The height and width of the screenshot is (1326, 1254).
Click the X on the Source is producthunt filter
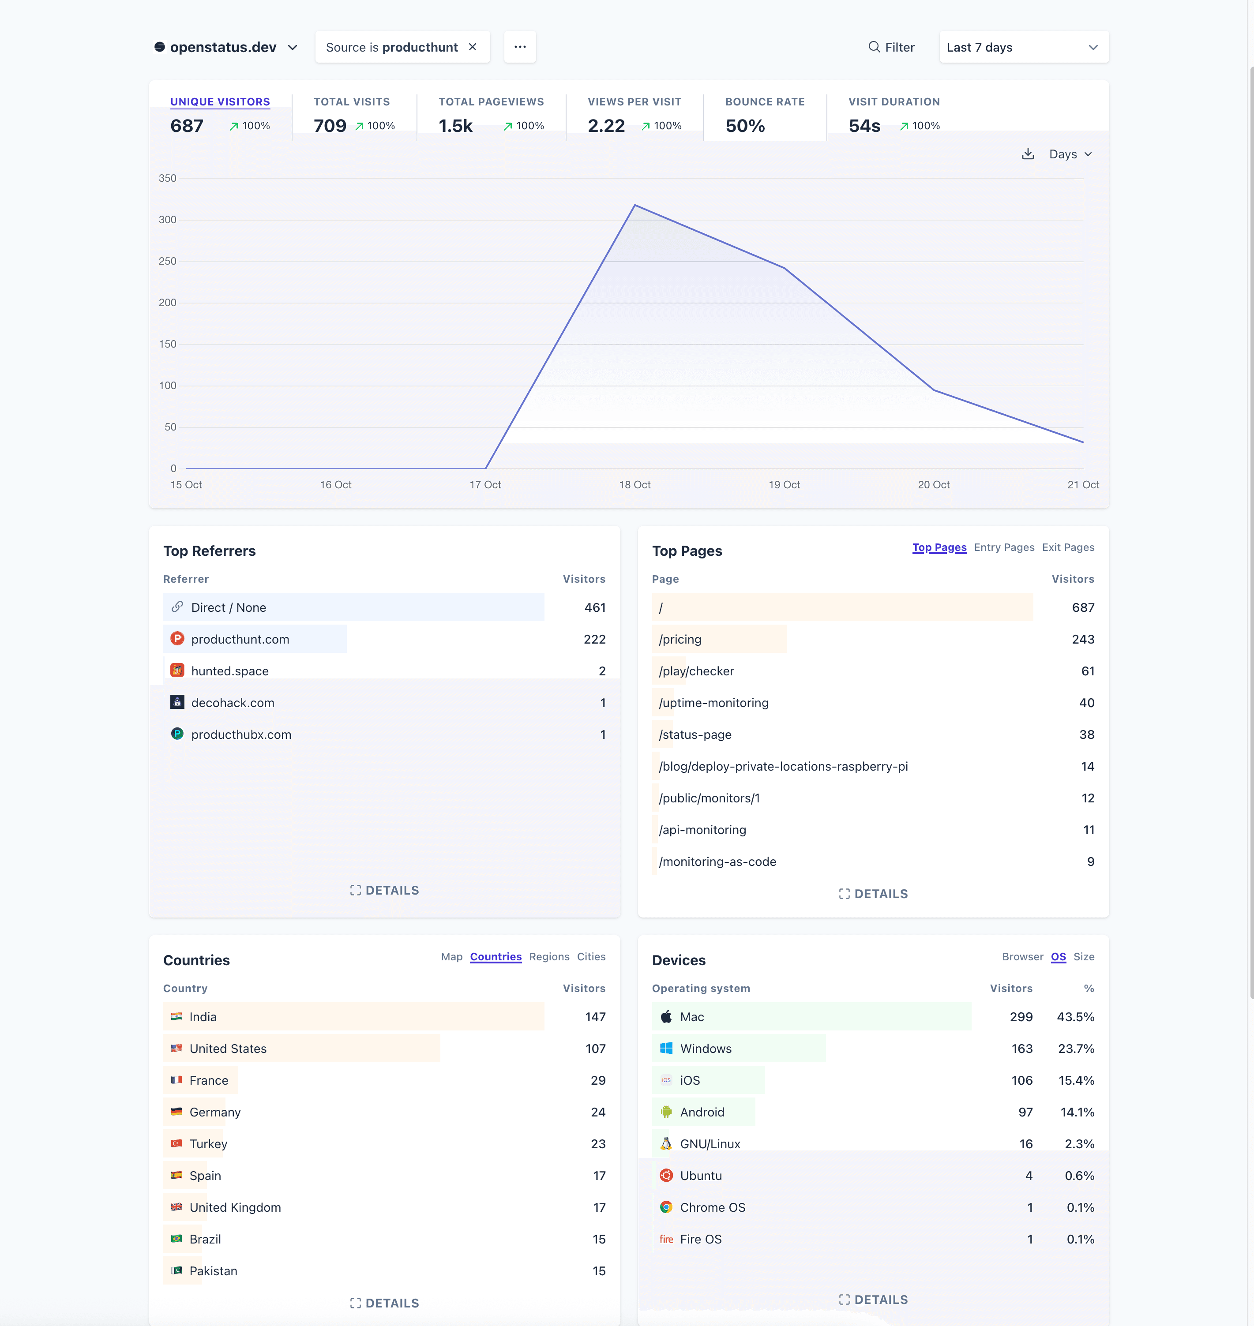pos(473,47)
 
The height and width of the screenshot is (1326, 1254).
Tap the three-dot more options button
pos(520,47)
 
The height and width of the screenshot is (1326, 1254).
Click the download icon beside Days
pos(1027,154)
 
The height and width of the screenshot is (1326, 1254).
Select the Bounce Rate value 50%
pos(745,126)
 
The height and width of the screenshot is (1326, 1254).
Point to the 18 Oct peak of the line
pos(635,205)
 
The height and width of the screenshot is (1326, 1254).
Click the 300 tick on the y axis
pos(168,220)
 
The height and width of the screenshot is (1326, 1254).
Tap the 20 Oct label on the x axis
pos(933,484)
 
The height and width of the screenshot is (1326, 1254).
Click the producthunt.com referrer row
pos(240,639)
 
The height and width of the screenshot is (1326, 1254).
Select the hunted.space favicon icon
pos(177,670)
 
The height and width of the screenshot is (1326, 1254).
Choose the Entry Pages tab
pos(1003,547)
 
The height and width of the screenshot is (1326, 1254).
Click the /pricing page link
pos(680,639)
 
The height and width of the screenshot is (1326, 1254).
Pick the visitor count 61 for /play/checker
pos(1088,671)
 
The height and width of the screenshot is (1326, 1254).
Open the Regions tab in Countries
pos(549,956)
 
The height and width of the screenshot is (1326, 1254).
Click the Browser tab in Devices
pos(1022,956)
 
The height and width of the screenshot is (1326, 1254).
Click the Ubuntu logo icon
pos(666,1175)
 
